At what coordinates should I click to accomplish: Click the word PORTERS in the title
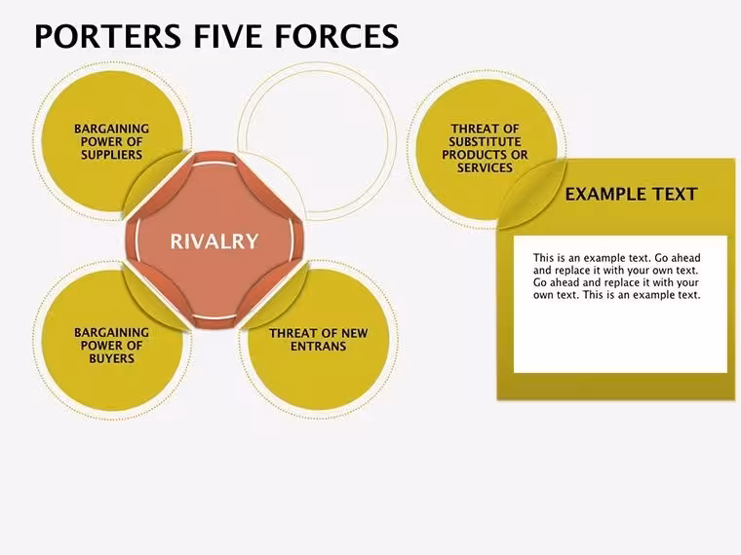(107, 36)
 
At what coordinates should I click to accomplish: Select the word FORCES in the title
(336, 36)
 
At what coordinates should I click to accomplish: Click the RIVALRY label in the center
(214, 241)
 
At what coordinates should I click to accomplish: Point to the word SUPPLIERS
(111, 155)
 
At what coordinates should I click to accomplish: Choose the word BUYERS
(111, 358)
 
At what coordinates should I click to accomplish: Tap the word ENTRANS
(318, 347)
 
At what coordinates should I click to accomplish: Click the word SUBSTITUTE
(485, 142)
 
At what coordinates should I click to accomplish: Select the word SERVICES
(485, 167)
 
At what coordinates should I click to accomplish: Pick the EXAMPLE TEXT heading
(632, 195)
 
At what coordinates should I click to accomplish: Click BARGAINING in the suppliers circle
(111, 129)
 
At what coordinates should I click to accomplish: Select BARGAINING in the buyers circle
(111, 333)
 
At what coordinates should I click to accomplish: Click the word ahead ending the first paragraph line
(685, 258)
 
